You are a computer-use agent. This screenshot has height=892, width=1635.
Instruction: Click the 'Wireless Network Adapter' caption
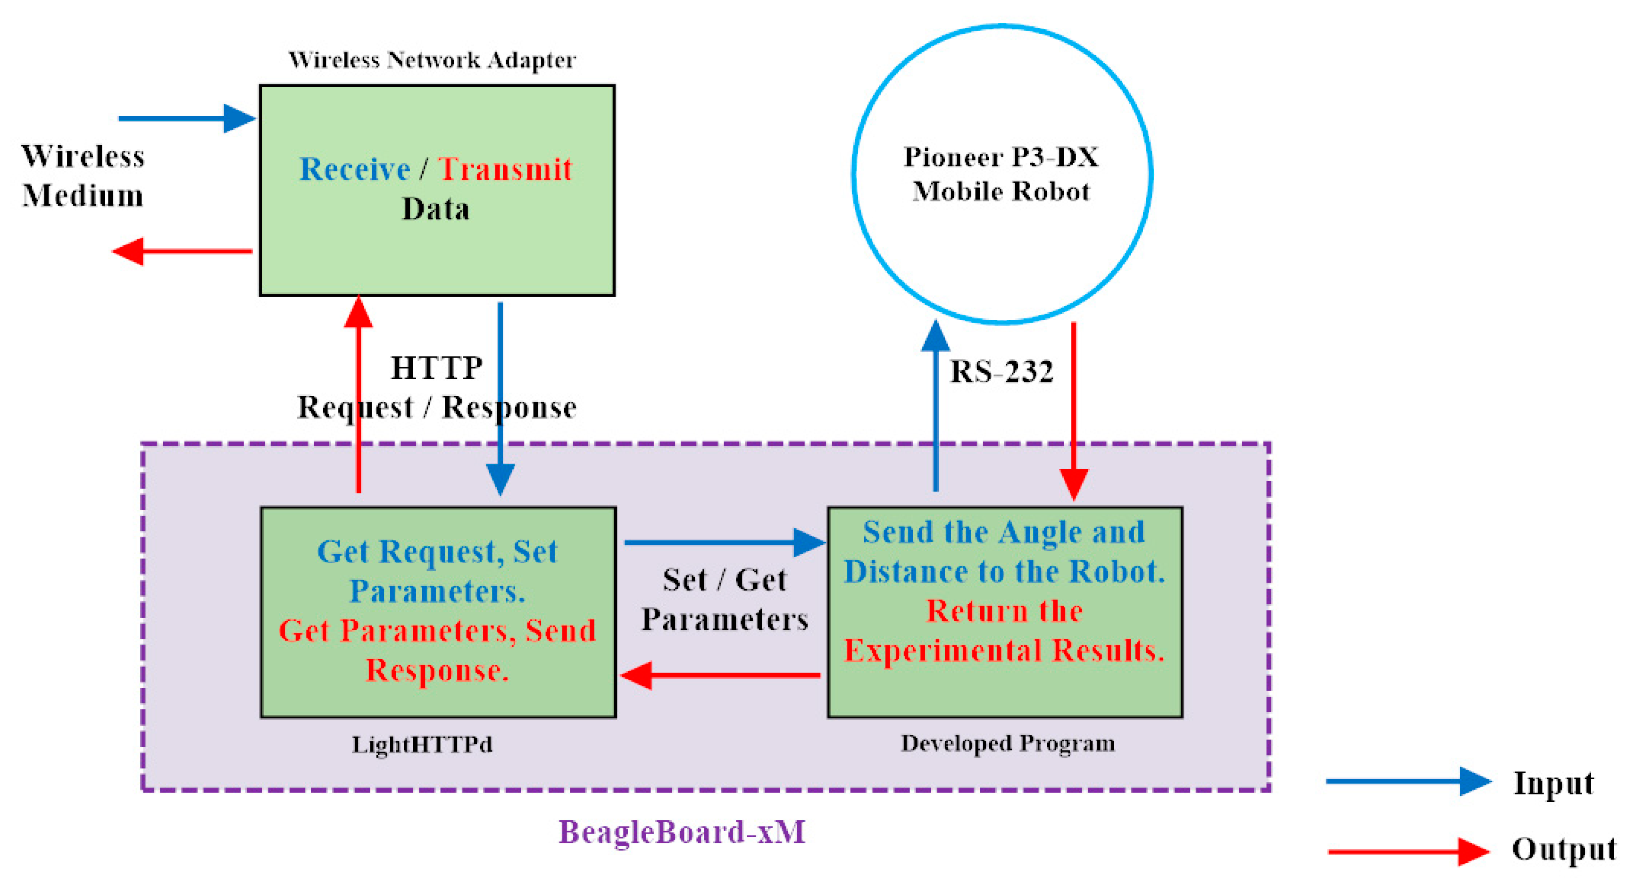pyautogui.click(x=432, y=60)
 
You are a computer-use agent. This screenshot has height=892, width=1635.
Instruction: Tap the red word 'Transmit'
pyautogui.click(x=505, y=169)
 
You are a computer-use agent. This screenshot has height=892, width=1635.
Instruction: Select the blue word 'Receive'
pyautogui.click(x=355, y=169)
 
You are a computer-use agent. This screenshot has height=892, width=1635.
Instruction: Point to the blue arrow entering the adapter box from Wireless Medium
pyautogui.click(x=187, y=118)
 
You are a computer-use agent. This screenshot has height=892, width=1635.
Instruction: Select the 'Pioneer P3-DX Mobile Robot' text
pyautogui.click(x=1001, y=174)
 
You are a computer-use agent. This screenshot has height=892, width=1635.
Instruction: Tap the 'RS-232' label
pyautogui.click(x=1001, y=371)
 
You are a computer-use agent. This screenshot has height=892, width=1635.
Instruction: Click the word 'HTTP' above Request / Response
pyautogui.click(x=437, y=368)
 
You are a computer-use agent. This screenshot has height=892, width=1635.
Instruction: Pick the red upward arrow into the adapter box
pyautogui.click(x=359, y=393)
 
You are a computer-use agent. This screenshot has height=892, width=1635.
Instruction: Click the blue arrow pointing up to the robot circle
pyautogui.click(x=935, y=406)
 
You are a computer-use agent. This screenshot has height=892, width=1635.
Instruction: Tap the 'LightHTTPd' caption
pyautogui.click(x=422, y=744)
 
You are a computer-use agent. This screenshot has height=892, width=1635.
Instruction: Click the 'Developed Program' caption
pyautogui.click(x=1007, y=743)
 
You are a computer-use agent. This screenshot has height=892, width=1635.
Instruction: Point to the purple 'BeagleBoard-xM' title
pyautogui.click(x=682, y=832)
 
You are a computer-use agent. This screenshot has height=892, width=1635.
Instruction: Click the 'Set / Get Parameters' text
pyautogui.click(x=724, y=600)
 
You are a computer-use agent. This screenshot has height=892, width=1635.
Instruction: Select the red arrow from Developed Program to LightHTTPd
pyautogui.click(x=720, y=675)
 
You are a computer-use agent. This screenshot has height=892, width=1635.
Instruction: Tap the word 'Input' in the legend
pyautogui.click(x=1553, y=783)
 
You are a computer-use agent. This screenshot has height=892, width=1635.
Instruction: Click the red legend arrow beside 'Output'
pyautogui.click(x=1409, y=851)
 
